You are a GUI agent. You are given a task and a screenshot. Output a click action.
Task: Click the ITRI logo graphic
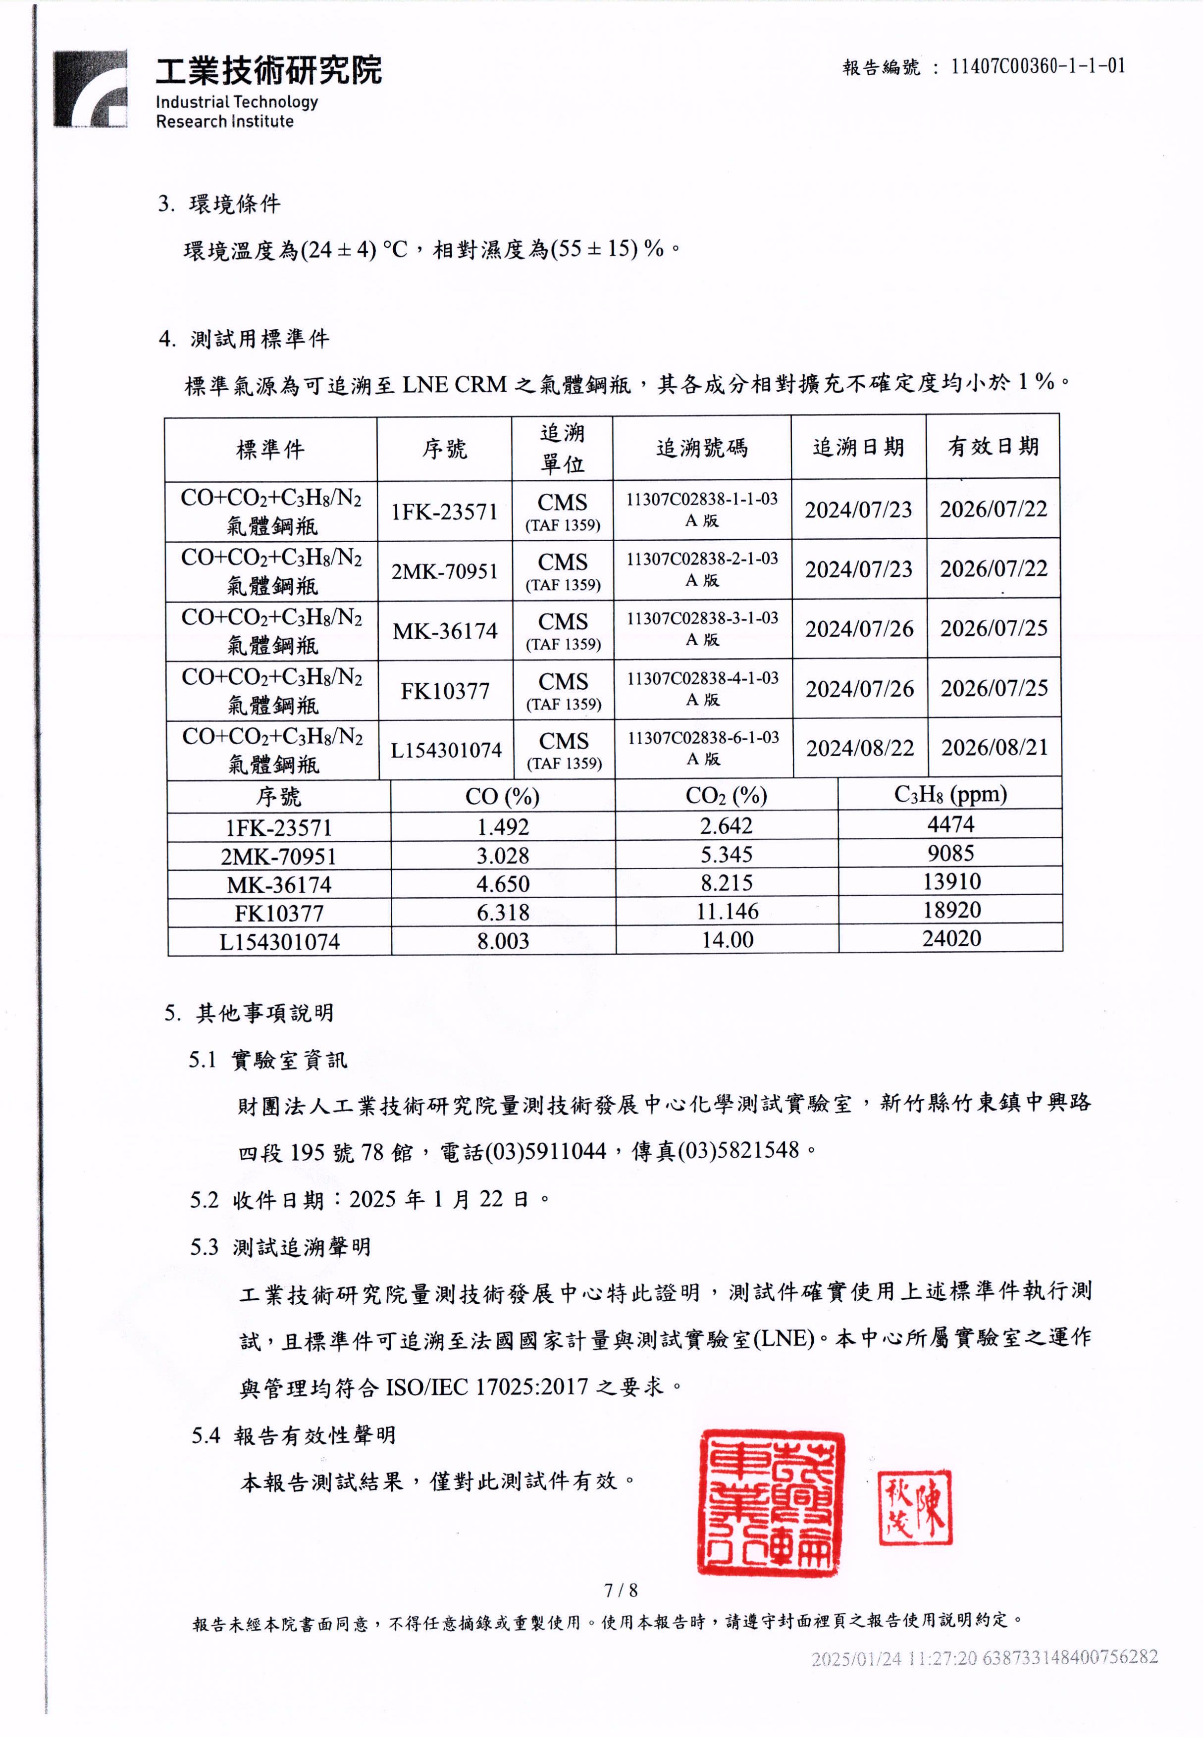tap(90, 89)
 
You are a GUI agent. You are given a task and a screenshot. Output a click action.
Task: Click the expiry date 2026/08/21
tap(994, 748)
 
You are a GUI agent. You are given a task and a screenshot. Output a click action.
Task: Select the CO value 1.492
tap(503, 827)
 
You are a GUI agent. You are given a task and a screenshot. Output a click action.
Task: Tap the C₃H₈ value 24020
tap(951, 939)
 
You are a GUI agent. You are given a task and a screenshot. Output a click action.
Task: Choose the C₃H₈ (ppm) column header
tap(950, 794)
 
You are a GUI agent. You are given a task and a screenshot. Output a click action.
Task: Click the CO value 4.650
tap(503, 884)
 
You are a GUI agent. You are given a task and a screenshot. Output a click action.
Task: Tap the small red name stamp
tap(915, 1508)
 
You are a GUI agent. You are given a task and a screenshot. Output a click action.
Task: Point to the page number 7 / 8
tap(621, 1591)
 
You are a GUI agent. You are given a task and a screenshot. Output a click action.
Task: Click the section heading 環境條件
tap(234, 204)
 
